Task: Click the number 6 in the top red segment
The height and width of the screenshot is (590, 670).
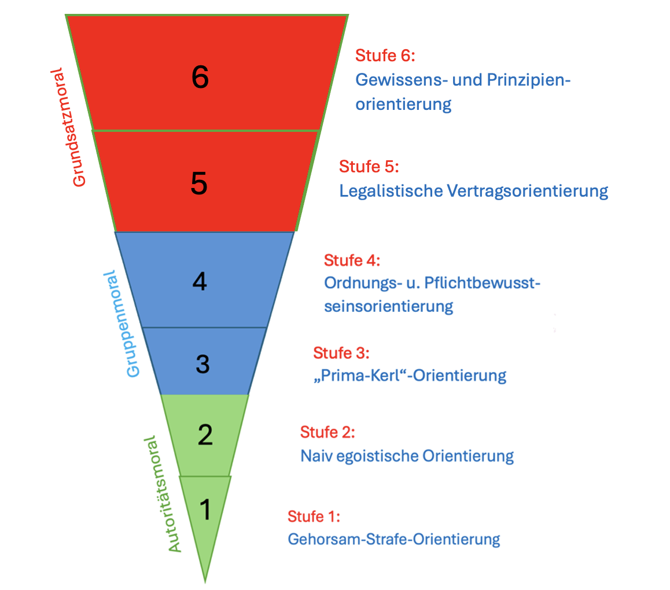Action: pyautogui.click(x=200, y=78)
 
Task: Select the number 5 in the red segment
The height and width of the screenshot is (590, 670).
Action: pyautogui.click(x=199, y=184)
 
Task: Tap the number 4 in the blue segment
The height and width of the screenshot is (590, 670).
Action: pyautogui.click(x=200, y=282)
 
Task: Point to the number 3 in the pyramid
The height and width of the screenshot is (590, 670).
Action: pyautogui.click(x=202, y=364)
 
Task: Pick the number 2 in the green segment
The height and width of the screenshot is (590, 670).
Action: pyautogui.click(x=205, y=435)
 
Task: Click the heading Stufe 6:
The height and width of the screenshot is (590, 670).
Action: pyautogui.click(x=385, y=56)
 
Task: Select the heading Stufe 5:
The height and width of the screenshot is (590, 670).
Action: pyautogui.click(x=369, y=167)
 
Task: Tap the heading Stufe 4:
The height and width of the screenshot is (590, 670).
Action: pyautogui.click(x=352, y=260)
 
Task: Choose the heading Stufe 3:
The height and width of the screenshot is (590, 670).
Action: pyautogui.click(x=341, y=352)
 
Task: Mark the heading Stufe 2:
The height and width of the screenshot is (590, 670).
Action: pyautogui.click(x=327, y=432)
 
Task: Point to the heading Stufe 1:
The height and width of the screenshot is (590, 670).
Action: pyautogui.click(x=314, y=516)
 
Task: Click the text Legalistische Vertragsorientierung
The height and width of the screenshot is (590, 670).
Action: pyautogui.click(x=473, y=190)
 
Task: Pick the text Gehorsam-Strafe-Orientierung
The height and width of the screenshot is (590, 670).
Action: pyautogui.click(x=393, y=539)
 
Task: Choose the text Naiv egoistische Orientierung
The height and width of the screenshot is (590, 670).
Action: pyautogui.click(x=407, y=456)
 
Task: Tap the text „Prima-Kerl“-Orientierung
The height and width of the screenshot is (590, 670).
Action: pyautogui.click(x=409, y=375)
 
